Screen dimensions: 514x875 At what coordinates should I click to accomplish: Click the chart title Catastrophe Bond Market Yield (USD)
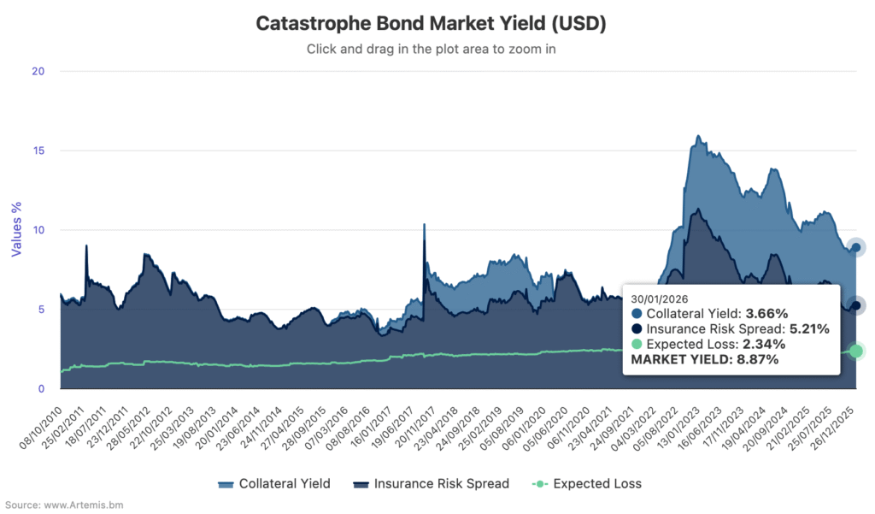(x=431, y=23)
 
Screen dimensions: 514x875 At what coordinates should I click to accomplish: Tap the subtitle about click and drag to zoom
(x=431, y=49)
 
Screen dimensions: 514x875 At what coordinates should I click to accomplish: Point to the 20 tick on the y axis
(x=38, y=71)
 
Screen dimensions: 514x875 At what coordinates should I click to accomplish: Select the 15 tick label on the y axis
(x=38, y=151)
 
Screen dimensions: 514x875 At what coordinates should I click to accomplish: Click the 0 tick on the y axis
(x=40, y=389)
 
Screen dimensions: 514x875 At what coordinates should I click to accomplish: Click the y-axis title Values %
(x=16, y=228)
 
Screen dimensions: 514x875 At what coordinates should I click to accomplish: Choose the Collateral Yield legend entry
(x=273, y=484)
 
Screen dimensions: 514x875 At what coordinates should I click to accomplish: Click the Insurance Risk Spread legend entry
(x=431, y=484)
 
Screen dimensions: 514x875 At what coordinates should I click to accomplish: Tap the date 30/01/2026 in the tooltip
(x=660, y=298)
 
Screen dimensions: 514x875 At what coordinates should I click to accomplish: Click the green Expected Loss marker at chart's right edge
(x=856, y=351)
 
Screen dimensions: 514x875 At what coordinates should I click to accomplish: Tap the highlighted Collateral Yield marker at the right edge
(x=856, y=247)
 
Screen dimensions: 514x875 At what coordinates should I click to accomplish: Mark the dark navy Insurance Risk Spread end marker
(x=856, y=305)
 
